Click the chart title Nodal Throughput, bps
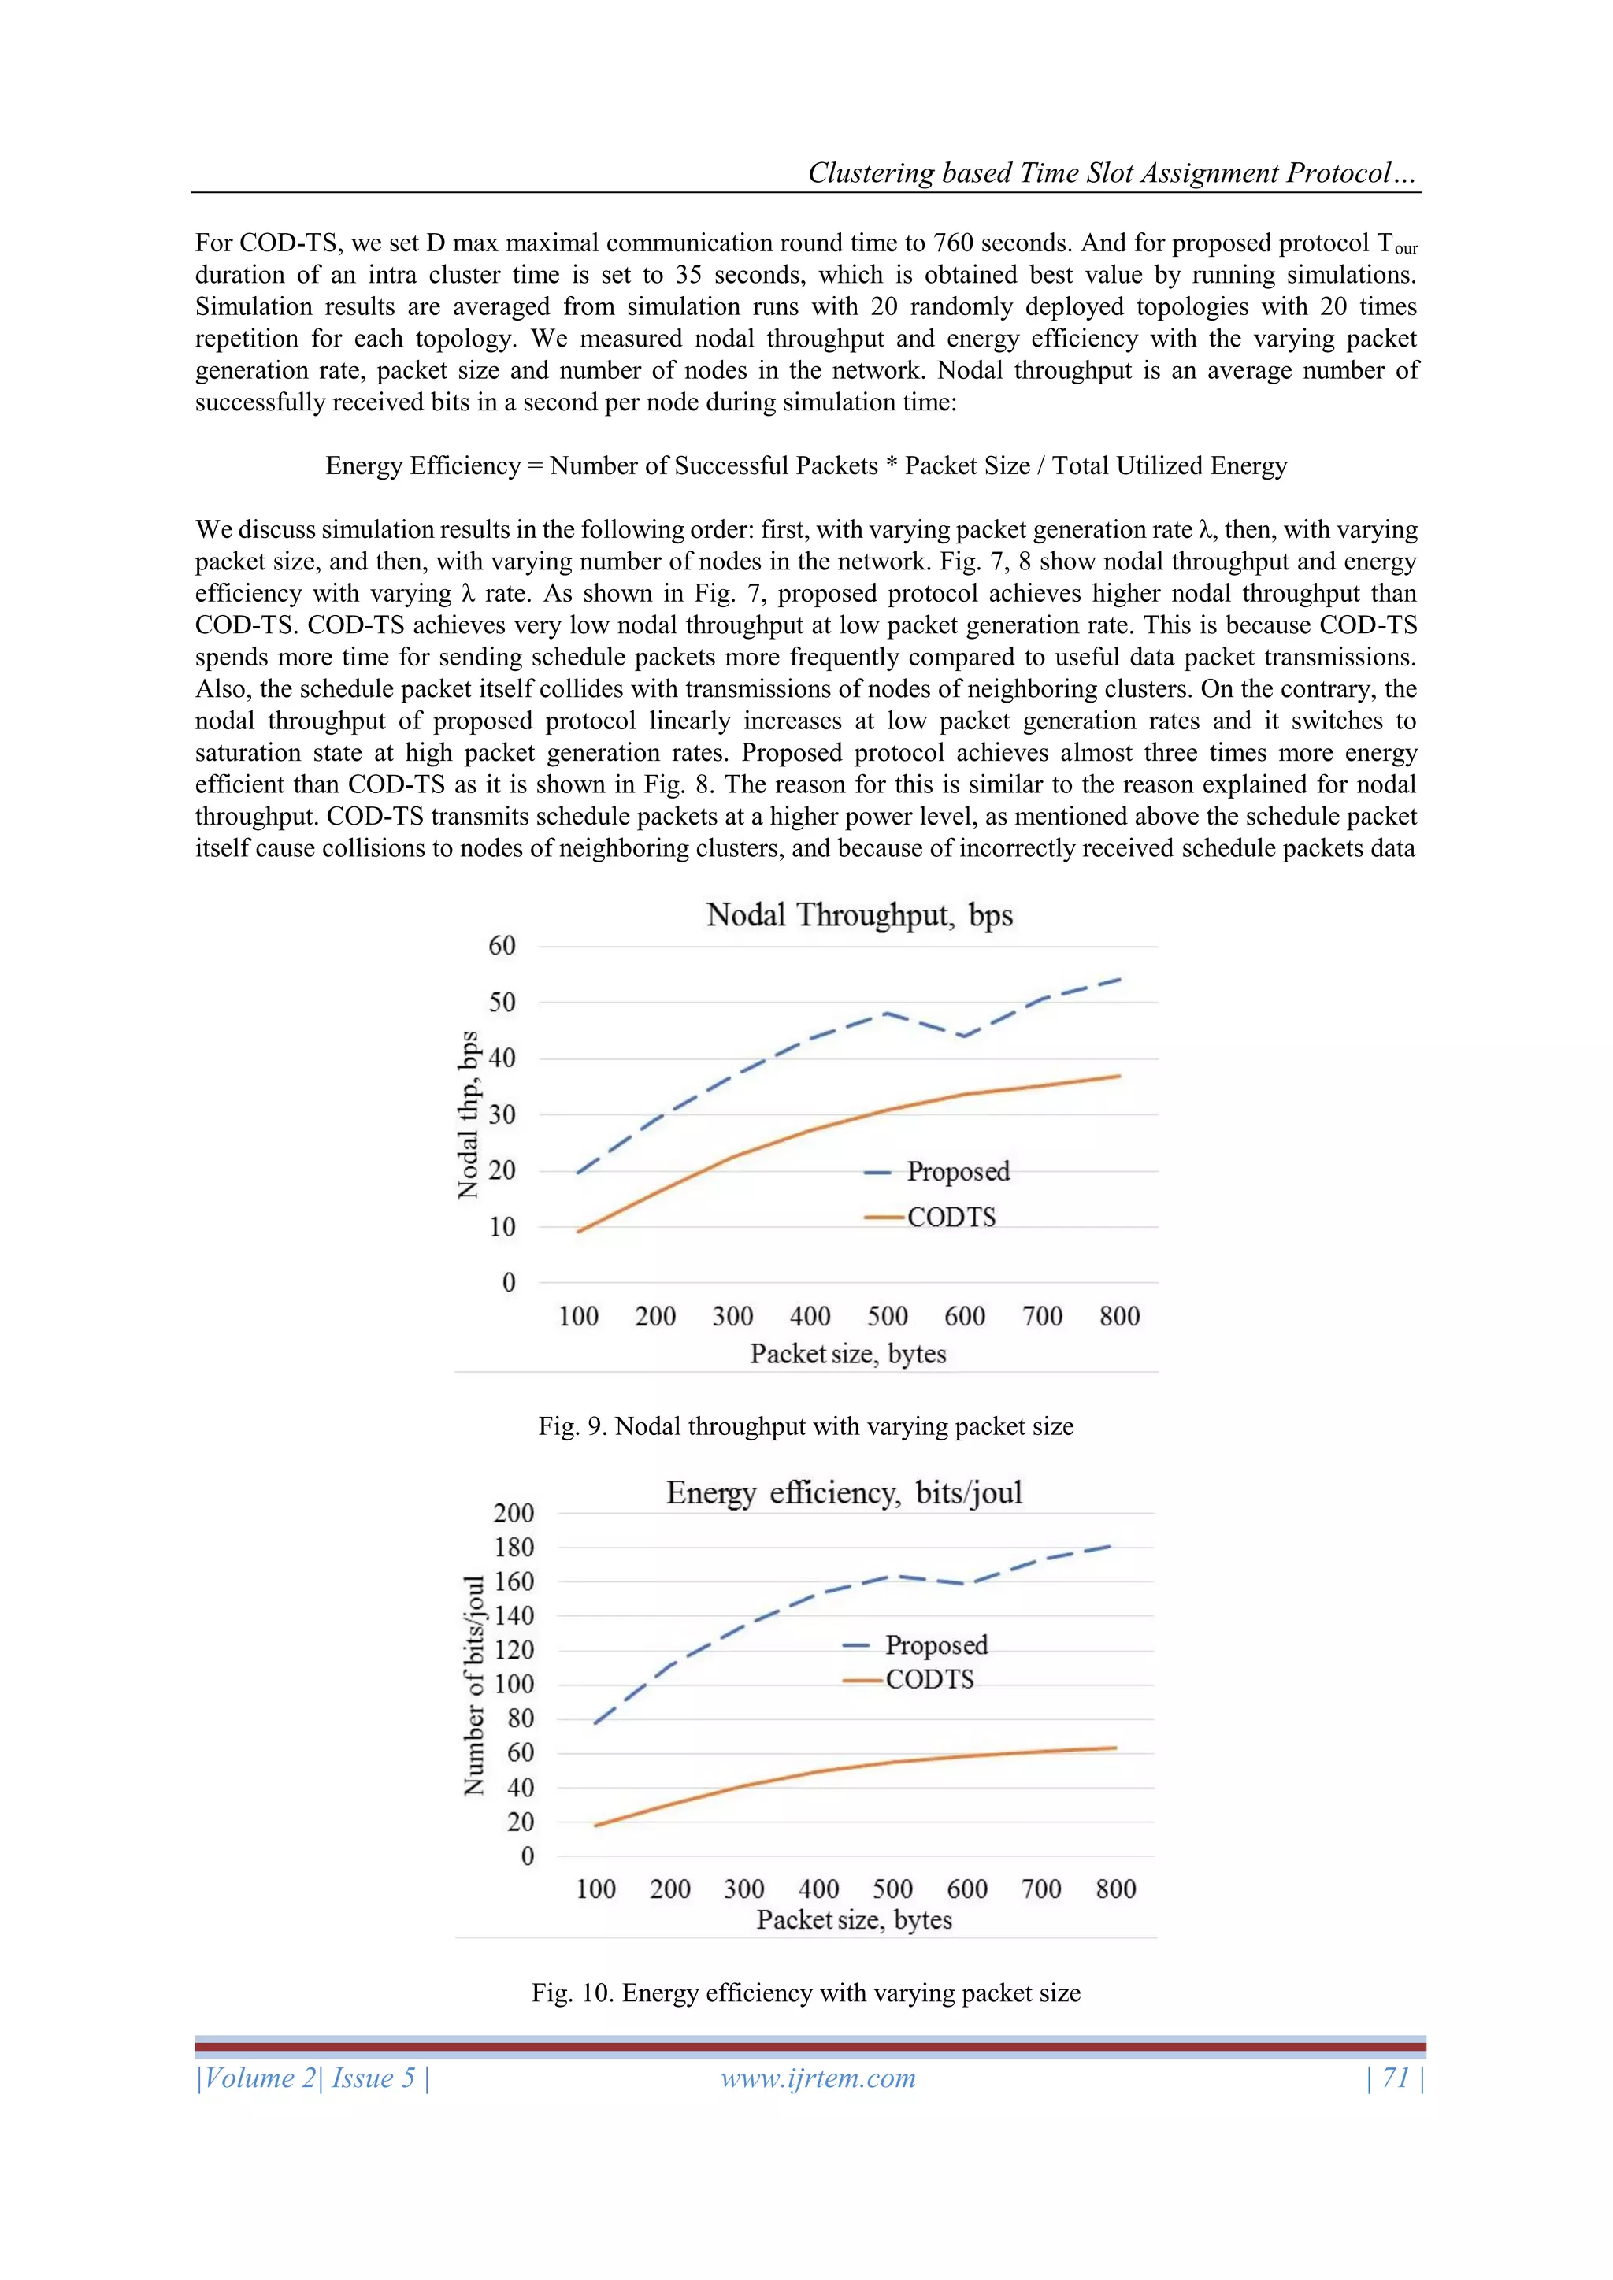859,914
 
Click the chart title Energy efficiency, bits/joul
844,1492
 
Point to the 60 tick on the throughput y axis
502,945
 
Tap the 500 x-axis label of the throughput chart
887,1317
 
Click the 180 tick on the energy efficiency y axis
514,1547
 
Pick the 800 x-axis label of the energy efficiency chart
1115,1889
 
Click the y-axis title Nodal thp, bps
468,1115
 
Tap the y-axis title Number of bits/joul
475,1685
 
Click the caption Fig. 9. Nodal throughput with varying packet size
806,1426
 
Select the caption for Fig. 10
806,1993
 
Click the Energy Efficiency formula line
806,465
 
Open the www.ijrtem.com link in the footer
818,2078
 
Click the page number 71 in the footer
1396,2078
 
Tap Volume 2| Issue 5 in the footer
313,2078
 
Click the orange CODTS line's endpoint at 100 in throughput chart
579,1232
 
